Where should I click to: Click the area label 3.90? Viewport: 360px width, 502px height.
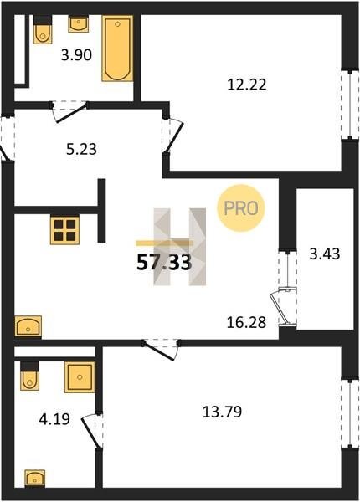[x=76, y=55]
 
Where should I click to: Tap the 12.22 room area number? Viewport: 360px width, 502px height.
[x=247, y=85]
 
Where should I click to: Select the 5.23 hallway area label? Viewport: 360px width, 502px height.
[x=82, y=149]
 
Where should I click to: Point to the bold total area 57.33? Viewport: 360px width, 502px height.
[x=164, y=263]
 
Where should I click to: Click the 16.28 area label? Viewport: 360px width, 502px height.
[x=246, y=322]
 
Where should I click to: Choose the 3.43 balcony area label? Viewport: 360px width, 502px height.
[x=325, y=254]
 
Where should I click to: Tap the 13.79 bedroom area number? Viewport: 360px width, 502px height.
[x=222, y=412]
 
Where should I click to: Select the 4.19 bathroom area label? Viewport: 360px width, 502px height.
[x=54, y=419]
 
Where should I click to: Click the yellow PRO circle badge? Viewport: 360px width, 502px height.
[x=241, y=208]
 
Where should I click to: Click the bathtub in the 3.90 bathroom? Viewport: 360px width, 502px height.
[x=117, y=49]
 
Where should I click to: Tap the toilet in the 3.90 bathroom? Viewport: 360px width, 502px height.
[x=43, y=29]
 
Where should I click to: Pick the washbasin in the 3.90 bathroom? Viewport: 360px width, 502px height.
[x=79, y=24]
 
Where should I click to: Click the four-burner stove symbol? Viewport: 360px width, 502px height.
[x=64, y=231]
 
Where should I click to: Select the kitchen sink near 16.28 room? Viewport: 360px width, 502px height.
[x=28, y=326]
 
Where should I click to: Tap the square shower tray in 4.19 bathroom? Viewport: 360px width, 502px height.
[x=80, y=377]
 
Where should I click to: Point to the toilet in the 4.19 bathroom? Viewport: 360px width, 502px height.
[x=30, y=376]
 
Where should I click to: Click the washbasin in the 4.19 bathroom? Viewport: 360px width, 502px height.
[x=35, y=479]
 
